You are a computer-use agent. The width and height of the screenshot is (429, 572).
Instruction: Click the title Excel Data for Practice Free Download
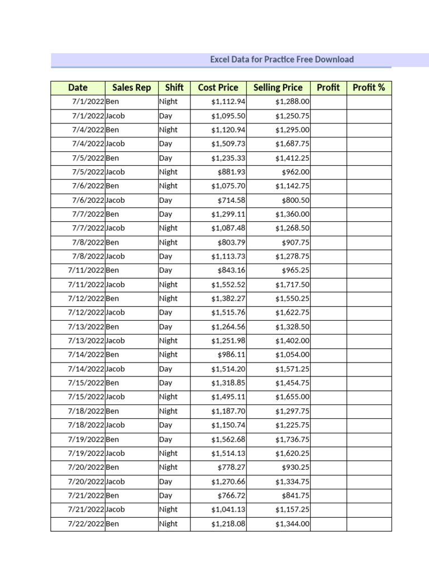click(282, 59)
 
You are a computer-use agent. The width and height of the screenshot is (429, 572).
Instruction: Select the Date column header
click(78, 88)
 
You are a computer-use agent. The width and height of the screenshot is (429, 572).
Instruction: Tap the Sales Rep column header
click(131, 88)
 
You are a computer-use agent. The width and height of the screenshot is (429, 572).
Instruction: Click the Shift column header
click(174, 88)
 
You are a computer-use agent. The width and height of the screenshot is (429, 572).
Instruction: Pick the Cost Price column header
click(218, 88)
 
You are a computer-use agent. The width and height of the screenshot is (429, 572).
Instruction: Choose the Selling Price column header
click(278, 88)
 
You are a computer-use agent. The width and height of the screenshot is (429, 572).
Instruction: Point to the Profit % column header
click(369, 88)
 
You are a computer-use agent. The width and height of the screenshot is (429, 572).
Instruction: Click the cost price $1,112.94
click(228, 102)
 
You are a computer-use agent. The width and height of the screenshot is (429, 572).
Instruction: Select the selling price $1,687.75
click(292, 144)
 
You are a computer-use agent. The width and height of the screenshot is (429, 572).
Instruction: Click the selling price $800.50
click(295, 200)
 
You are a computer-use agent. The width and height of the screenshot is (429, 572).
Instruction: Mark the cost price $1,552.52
click(228, 284)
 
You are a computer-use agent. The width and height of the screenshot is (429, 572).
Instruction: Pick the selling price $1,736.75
click(292, 439)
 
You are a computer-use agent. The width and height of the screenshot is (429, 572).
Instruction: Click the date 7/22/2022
click(86, 524)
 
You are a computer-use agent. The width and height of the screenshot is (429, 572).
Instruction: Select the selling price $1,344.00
click(292, 524)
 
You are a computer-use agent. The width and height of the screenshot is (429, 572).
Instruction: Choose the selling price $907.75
click(295, 242)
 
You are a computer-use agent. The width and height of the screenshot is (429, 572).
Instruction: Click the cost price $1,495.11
click(228, 397)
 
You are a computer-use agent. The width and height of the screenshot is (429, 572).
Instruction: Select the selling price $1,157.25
click(292, 509)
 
